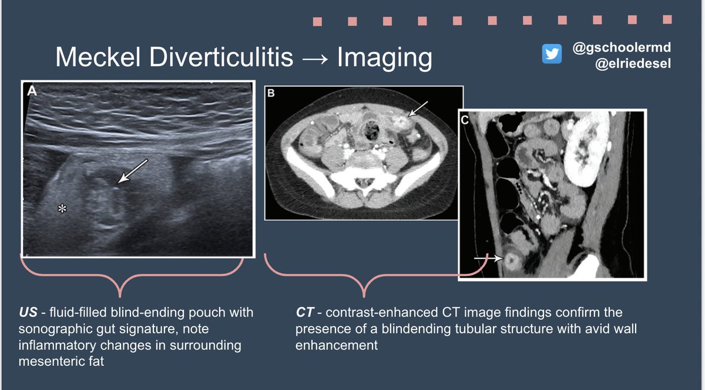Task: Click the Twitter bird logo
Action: [552, 53]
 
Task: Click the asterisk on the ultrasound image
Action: [61, 208]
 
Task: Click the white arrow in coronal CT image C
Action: [488, 257]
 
